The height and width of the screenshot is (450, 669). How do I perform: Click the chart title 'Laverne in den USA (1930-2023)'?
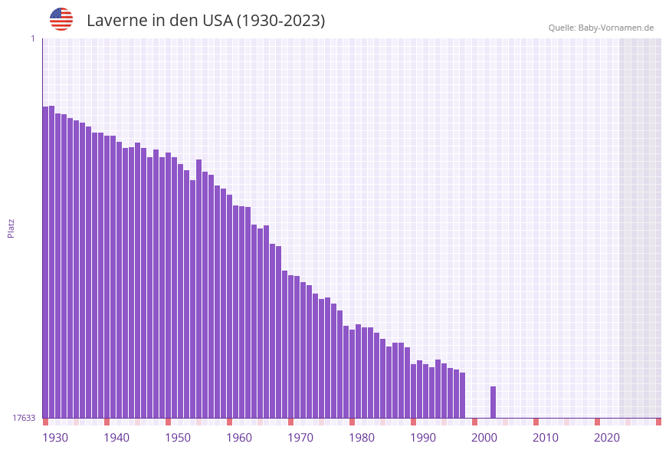coord(205,21)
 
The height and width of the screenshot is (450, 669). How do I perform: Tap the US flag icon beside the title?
coord(61,19)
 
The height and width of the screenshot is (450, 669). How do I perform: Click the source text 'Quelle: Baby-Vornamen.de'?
coord(601,28)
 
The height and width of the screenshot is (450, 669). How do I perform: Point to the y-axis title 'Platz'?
coord(11,228)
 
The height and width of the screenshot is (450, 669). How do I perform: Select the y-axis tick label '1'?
coord(32,38)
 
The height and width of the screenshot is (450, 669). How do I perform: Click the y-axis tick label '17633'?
coord(24,418)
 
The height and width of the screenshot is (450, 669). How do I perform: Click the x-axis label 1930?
coord(55,438)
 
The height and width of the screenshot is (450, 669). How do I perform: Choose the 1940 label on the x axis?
coord(116,438)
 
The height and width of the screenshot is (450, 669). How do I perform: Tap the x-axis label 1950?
coord(178,438)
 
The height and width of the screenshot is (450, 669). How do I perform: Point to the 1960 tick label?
coord(239,438)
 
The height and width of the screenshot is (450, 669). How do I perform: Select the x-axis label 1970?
coord(300,438)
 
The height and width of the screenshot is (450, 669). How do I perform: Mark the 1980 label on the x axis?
coord(362,438)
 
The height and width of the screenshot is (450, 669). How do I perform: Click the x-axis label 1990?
coord(423,438)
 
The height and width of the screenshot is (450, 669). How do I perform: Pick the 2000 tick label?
coord(484,438)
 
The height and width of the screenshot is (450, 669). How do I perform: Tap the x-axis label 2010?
coord(546,438)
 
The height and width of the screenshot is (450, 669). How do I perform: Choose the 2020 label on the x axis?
coord(607,438)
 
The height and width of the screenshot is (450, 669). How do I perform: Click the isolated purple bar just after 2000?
coord(493,402)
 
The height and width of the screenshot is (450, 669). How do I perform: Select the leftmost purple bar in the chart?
coord(45,261)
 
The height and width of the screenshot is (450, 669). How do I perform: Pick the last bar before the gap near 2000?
coord(462,395)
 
